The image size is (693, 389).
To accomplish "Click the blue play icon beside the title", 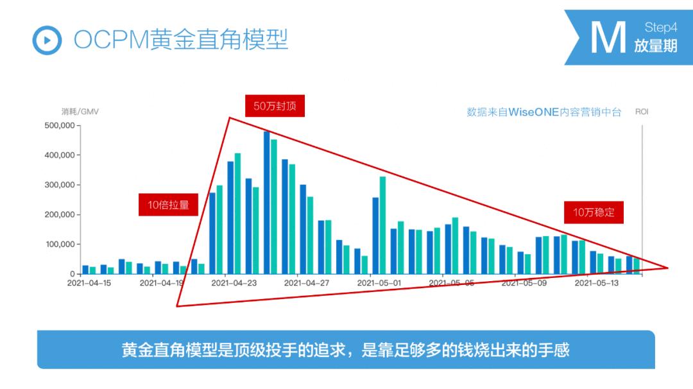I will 47,40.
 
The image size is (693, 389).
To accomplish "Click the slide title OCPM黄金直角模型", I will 181,40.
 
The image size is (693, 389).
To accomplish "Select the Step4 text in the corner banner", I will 660,28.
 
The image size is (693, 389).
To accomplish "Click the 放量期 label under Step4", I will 656,46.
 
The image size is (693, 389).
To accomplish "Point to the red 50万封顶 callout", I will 275,106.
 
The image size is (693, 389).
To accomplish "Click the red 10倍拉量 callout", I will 168,205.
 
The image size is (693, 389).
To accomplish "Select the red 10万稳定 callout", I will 594,212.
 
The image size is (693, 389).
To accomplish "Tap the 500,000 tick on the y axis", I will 61,125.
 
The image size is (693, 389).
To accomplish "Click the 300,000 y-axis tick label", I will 61,185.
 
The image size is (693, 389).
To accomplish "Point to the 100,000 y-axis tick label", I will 61,245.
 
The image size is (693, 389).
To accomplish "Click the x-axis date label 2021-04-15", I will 89,283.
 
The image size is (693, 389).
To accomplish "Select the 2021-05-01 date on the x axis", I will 379,283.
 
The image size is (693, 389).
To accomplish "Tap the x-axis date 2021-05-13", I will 597,283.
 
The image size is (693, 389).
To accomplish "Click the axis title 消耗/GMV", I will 80,112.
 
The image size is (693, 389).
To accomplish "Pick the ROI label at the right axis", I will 642,112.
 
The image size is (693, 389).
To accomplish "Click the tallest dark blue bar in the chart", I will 267,202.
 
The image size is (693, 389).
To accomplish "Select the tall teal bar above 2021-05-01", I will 382,225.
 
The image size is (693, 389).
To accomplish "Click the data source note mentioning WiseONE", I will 544,112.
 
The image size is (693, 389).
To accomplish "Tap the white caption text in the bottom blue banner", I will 346,350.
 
